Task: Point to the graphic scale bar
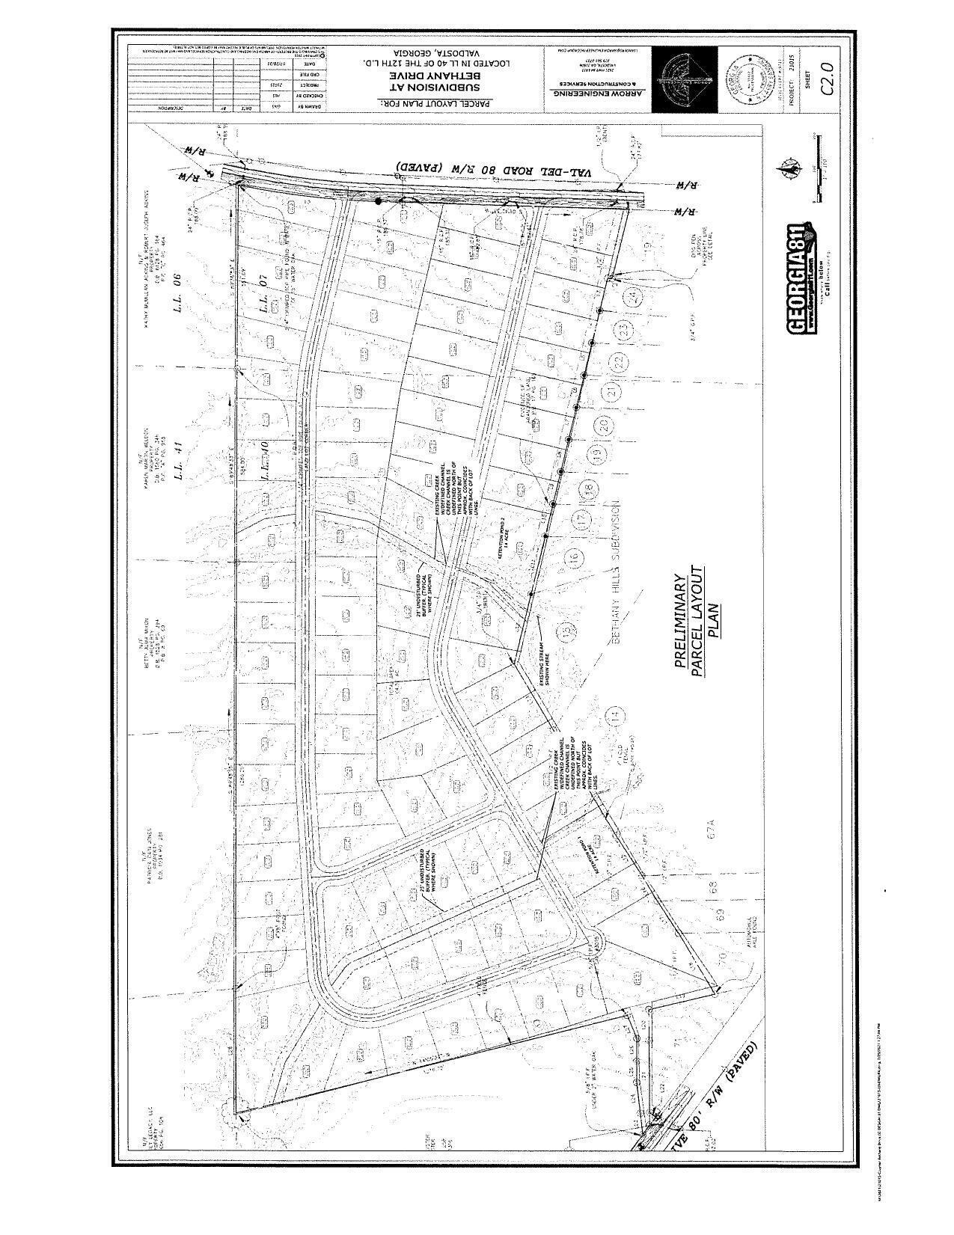[819, 168]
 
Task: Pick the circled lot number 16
[573, 557]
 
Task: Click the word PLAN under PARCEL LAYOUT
[713, 620]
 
